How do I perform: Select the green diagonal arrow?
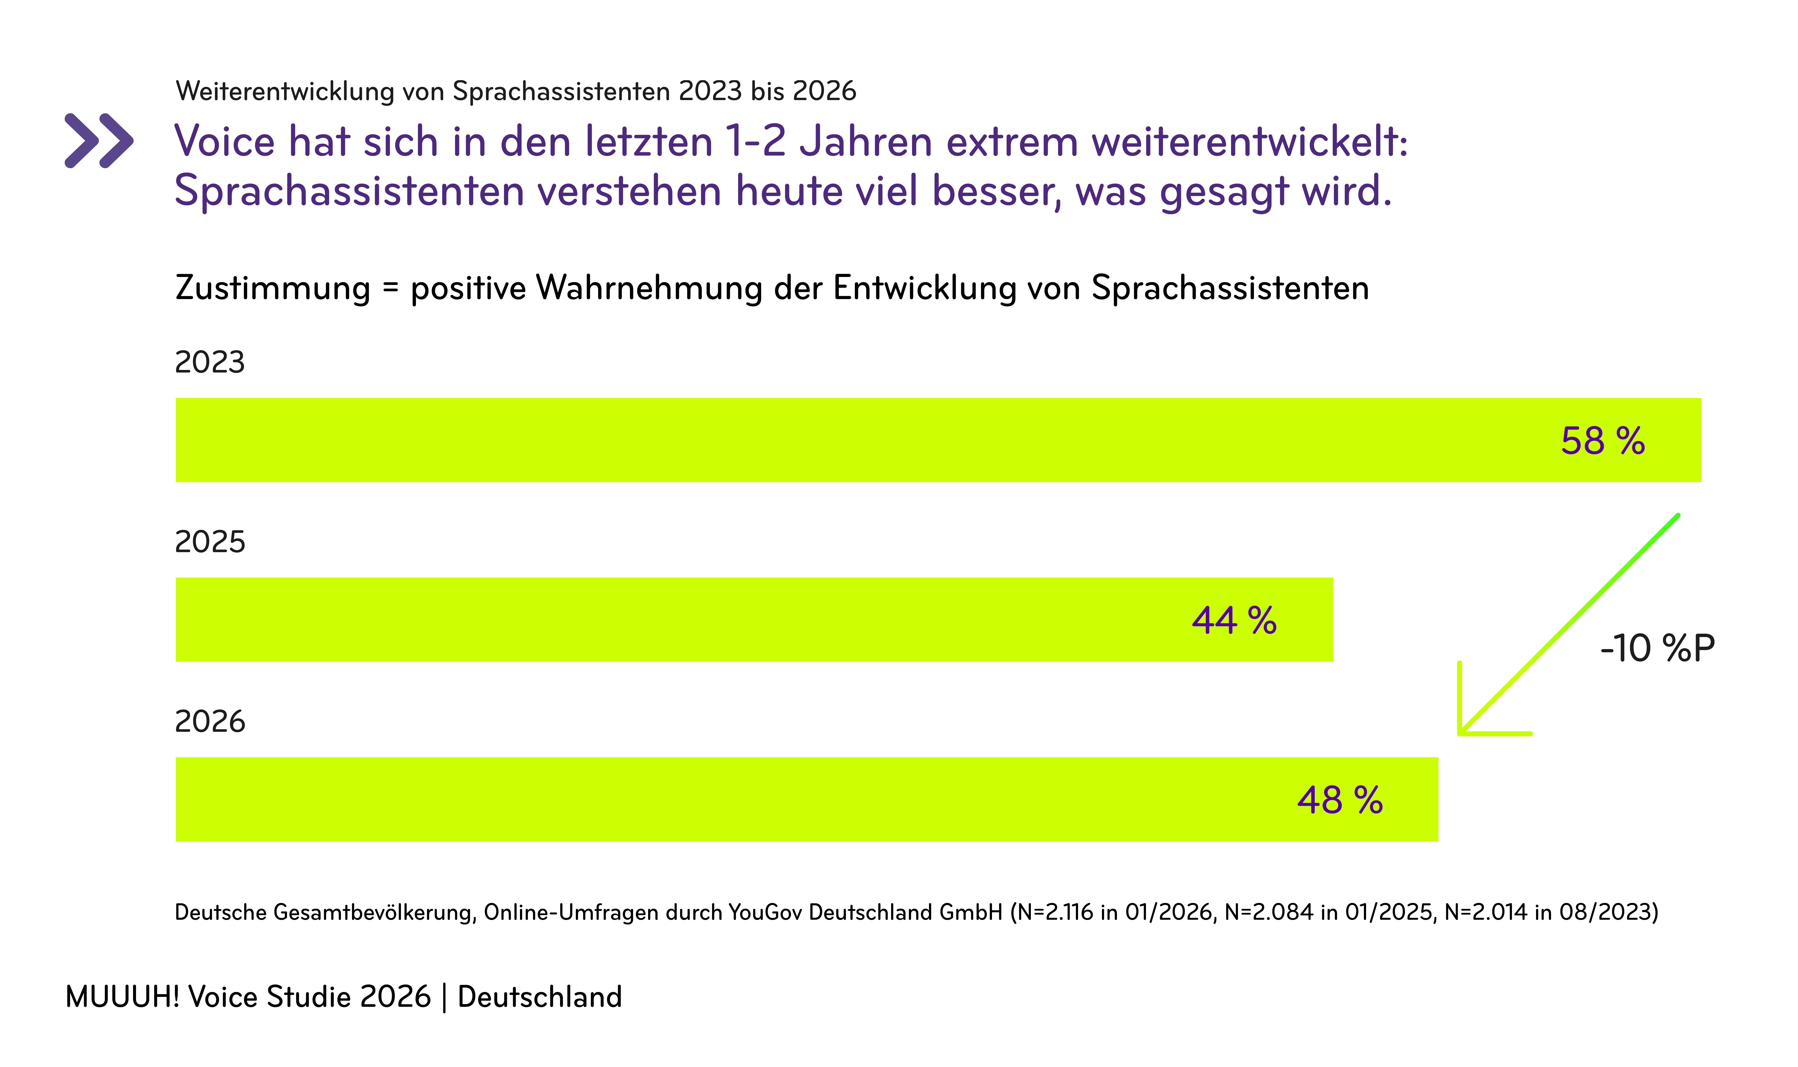pyautogui.click(x=1567, y=626)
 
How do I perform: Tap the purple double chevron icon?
pyautogui.click(x=99, y=140)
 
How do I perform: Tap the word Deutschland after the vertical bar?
pyautogui.click(x=539, y=997)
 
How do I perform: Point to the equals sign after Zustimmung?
pyautogui.click(x=390, y=288)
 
